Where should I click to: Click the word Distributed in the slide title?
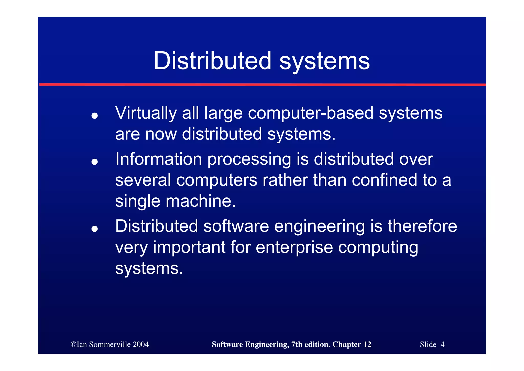212,61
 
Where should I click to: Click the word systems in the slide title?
324,62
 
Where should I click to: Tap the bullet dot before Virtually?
95,116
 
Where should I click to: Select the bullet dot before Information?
95,162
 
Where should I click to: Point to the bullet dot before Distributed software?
95,229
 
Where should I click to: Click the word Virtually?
146,113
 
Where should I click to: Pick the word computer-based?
311,113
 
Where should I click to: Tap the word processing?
249,159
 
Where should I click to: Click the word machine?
200,201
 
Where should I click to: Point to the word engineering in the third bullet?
319,227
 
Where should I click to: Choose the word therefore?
422,226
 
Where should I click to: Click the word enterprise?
294,248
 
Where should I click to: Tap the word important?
189,248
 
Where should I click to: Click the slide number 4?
442,344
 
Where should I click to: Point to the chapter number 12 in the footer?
367,344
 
